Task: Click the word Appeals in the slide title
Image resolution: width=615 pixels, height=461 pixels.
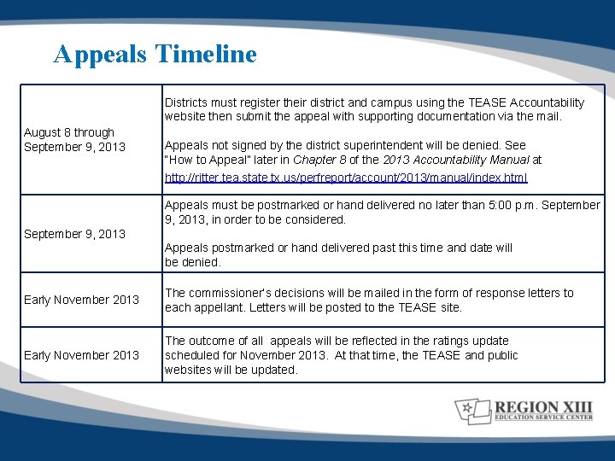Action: (x=101, y=54)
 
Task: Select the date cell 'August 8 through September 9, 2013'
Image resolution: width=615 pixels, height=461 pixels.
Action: (x=74, y=139)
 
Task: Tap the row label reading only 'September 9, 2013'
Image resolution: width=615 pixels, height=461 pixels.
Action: (x=74, y=233)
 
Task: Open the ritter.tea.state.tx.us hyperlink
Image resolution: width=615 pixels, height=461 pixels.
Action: (x=346, y=178)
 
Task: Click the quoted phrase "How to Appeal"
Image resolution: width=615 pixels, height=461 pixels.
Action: (x=207, y=160)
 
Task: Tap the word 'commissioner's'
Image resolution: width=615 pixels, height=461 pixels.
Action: (x=231, y=293)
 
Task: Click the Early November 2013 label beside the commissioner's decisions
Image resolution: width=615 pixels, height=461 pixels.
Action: (x=81, y=300)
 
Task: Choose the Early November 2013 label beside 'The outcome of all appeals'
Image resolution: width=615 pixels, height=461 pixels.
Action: (x=81, y=355)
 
